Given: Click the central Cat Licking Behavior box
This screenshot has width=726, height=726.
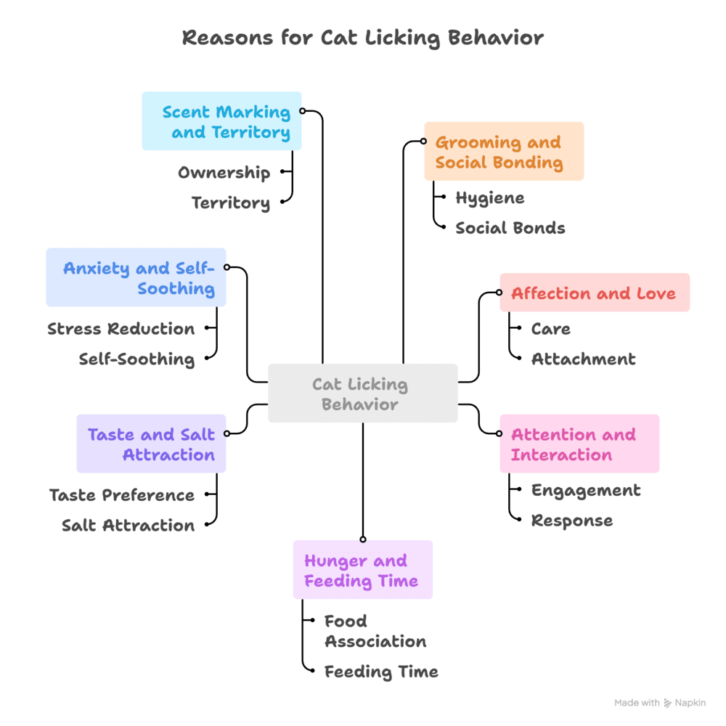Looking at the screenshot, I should point(362,393).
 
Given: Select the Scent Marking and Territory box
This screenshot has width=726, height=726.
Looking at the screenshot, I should point(221,121).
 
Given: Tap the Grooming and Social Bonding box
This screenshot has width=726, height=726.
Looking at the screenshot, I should point(503,152).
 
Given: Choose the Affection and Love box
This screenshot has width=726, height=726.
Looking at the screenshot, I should point(594,293).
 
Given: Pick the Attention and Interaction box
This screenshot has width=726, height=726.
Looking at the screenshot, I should point(579,444).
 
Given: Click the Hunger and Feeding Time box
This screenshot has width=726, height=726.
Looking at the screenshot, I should point(362,570).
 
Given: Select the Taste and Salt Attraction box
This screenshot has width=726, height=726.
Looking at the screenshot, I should point(151,444).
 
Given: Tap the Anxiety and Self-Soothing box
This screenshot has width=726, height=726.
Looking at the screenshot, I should point(136,278).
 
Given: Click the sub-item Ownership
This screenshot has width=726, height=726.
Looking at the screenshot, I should point(224,173).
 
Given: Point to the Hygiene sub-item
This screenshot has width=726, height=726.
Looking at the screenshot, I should point(489,197).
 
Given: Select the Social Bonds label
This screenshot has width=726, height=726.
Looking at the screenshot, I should point(510,228).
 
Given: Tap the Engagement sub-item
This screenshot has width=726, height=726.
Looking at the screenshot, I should point(586,490).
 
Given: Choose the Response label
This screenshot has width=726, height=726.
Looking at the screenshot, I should point(571,521).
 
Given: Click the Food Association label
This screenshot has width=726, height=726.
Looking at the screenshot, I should point(375,632).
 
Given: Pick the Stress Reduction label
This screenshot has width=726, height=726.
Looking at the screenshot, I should point(121,329).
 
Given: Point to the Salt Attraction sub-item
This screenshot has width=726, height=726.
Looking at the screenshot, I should point(128,525).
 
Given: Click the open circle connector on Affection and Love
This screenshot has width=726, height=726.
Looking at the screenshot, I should point(499,293).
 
